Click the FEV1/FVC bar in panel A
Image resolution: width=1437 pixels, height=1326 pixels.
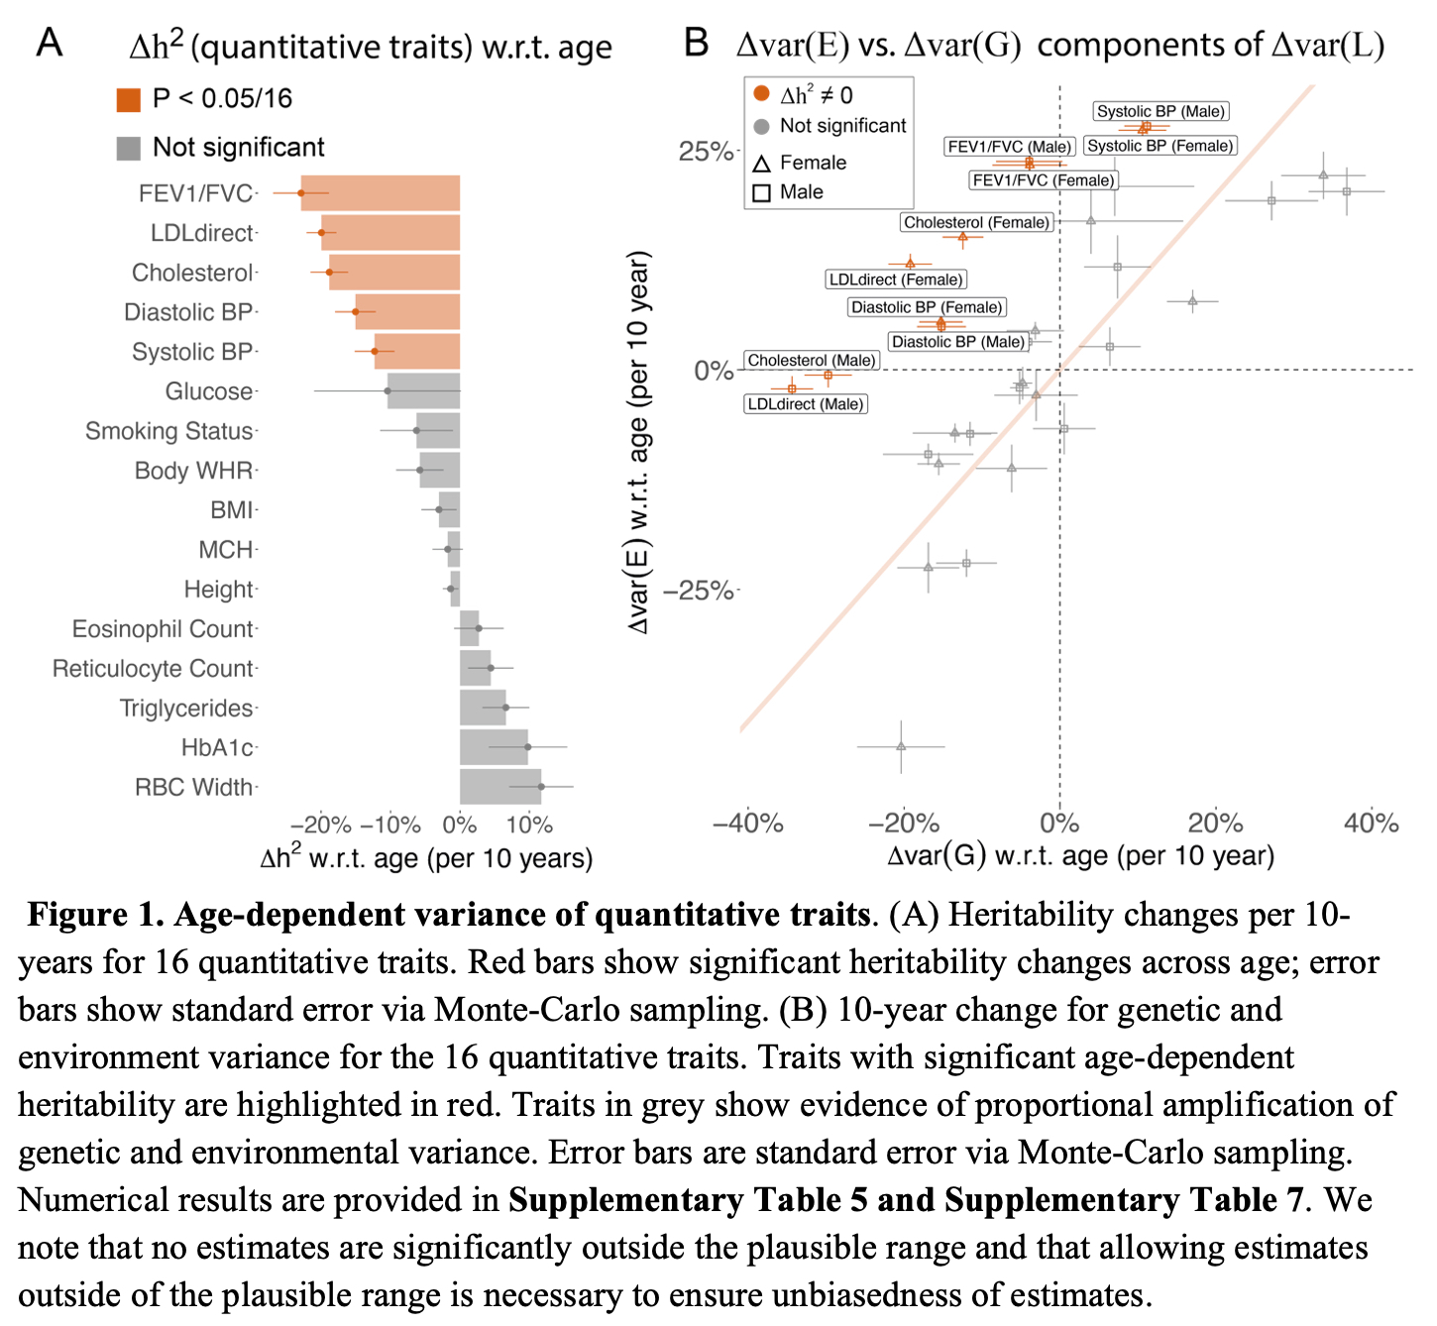(x=381, y=193)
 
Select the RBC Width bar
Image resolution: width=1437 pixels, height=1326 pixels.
(x=500, y=787)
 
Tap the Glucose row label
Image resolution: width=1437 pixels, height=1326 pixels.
(x=208, y=391)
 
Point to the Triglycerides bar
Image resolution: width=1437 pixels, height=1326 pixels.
(x=483, y=708)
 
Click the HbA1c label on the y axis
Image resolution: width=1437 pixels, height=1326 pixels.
(x=217, y=748)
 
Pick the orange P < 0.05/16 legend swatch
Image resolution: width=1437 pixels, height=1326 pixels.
(x=128, y=99)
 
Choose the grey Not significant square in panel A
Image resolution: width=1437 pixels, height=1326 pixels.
(x=128, y=148)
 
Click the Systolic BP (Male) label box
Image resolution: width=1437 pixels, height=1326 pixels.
(x=1161, y=112)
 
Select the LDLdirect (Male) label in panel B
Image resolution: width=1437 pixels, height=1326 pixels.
(x=806, y=404)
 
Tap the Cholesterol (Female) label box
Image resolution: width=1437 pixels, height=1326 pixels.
(x=976, y=223)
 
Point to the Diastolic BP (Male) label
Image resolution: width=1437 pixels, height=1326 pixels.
(x=957, y=342)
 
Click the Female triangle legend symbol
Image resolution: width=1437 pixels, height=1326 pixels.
(x=761, y=164)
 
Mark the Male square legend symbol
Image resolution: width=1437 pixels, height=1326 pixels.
(x=761, y=192)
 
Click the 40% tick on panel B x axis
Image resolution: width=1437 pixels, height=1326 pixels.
(x=1371, y=823)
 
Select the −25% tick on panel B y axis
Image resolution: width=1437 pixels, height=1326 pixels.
(x=699, y=592)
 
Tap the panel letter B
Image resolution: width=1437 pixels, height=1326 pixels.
(x=697, y=44)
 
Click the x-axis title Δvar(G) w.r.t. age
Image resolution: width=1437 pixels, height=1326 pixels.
(x=1080, y=856)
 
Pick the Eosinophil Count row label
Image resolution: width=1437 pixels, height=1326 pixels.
(x=163, y=629)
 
